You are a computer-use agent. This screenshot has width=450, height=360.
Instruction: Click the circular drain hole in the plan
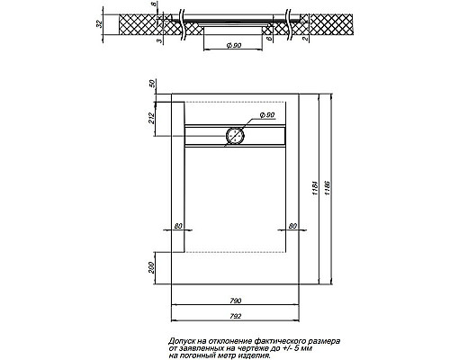tap(234, 136)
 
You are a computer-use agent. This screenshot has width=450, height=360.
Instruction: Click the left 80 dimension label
tap(178, 225)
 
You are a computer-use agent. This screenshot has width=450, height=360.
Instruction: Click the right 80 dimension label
tap(292, 225)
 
